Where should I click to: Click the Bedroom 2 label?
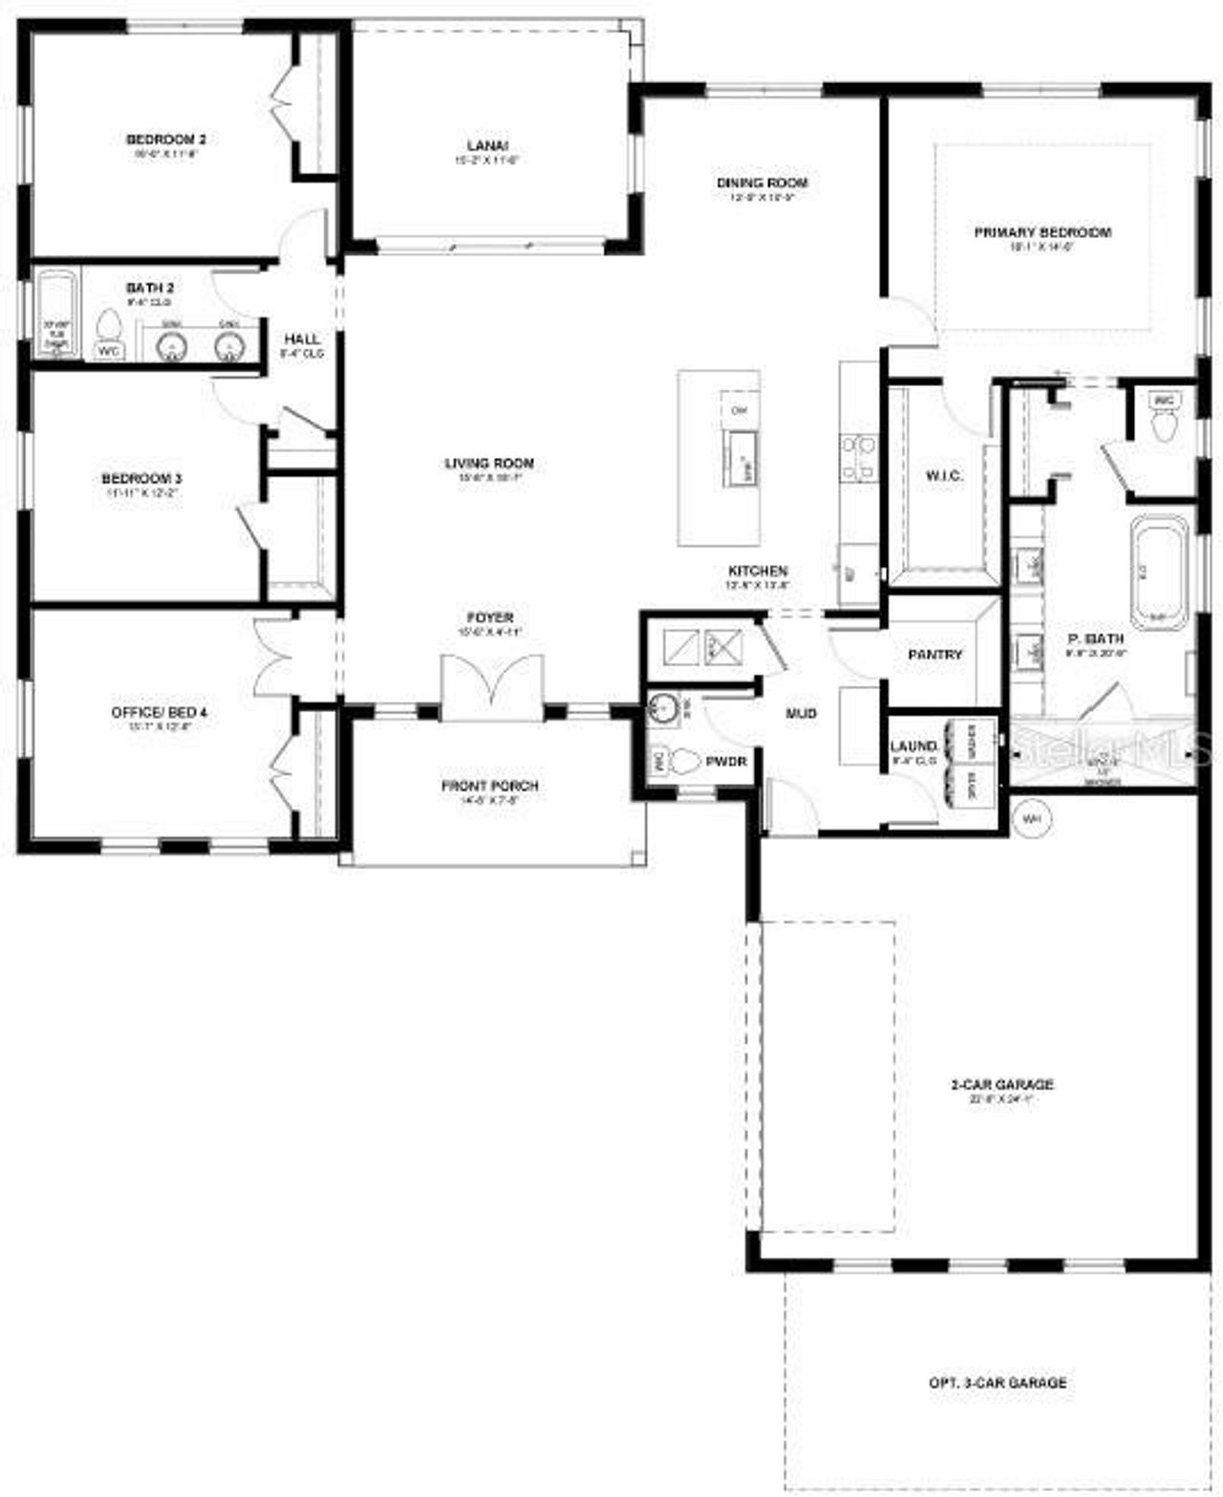[166, 140]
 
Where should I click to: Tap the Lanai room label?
[487, 146]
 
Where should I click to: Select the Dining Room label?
[762, 183]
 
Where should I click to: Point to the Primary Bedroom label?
[1042, 232]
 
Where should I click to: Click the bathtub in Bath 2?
[57, 314]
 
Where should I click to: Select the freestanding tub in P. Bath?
[1160, 571]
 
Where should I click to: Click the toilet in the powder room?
[686, 762]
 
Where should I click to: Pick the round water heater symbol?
[1030, 819]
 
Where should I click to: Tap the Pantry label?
[934, 655]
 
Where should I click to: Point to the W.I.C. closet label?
[943, 475]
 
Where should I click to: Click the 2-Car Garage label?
[1001, 1085]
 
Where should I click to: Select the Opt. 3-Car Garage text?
[998, 1382]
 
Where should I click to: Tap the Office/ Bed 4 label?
[159, 712]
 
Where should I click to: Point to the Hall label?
[302, 339]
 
